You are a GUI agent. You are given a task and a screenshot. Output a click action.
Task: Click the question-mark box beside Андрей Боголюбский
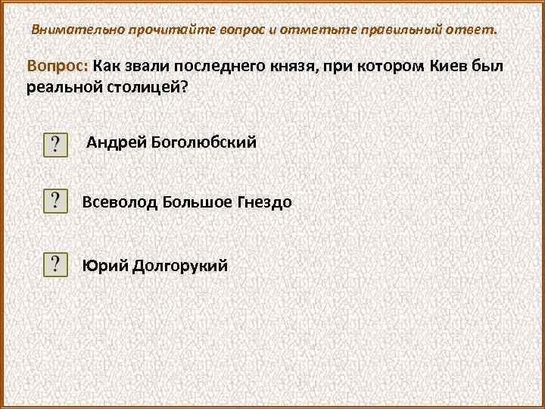tap(55, 143)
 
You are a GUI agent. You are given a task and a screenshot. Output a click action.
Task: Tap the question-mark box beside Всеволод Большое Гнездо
tap(55, 202)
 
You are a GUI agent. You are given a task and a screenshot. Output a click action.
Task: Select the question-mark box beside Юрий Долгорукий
tap(55, 265)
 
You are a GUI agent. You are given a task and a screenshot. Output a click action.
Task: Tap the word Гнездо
tap(266, 202)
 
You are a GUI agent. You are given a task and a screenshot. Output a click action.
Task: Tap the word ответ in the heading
tap(474, 30)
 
